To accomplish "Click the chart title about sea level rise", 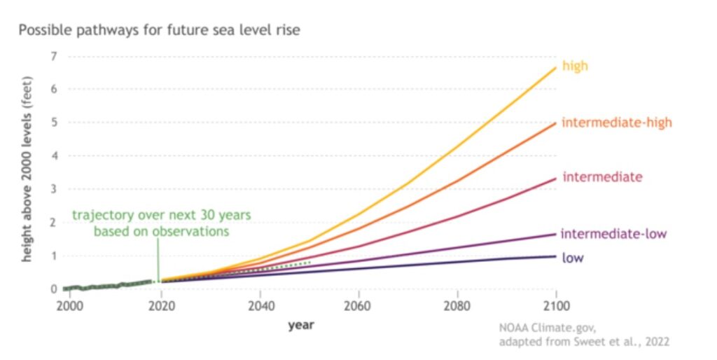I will (x=159, y=31).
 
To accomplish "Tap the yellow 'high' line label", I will (x=575, y=67).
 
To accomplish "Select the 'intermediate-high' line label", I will (x=617, y=123).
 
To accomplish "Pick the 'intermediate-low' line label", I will (x=614, y=233).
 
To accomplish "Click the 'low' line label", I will (x=573, y=258).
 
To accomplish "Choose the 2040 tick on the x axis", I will (x=260, y=305).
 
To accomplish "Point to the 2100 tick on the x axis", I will (x=555, y=305).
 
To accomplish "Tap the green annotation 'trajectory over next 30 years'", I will (x=161, y=215).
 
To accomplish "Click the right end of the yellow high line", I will (x=556, y=67).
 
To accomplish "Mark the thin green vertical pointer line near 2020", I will (x=158, y=259).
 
